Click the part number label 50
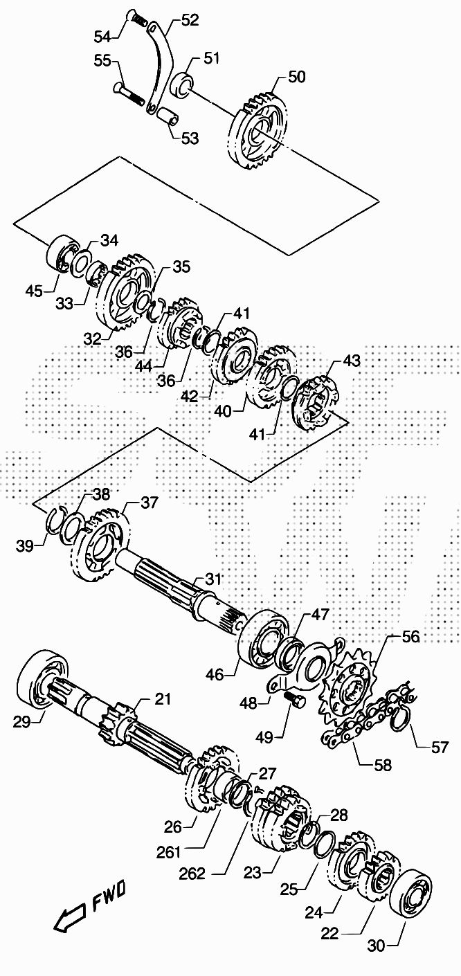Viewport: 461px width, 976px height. (296, 77)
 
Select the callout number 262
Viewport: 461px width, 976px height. (192, 874)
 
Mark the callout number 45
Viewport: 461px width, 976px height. (35, 291)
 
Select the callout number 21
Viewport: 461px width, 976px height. (162, 699)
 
